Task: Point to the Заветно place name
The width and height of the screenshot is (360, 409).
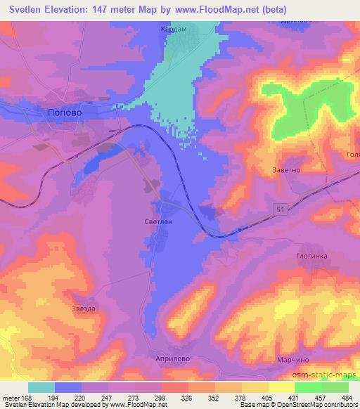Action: point(286,169)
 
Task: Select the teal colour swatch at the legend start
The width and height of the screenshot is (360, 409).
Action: point(41,387)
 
